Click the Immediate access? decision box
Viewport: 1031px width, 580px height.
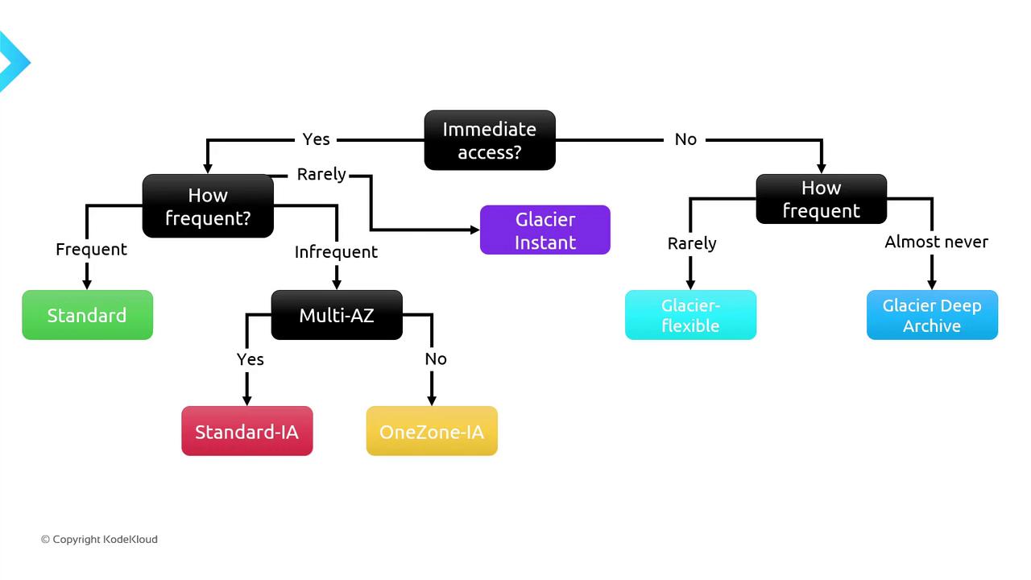tap(490, 140)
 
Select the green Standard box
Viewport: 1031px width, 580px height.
tap(87, 315)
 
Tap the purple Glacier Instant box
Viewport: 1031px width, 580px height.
tap(545, 230)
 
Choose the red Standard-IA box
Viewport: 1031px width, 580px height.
tap(246, 432)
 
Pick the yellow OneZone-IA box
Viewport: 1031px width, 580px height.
tap(432, 432)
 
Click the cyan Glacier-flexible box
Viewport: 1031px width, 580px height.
tap(690, 315)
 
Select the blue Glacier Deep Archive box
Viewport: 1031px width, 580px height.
tap(932, 315)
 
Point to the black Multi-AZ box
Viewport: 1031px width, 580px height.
tap(337, 315)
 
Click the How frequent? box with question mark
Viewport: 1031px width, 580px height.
tap(208, 206)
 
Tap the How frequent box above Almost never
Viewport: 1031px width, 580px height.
tap(821, 199)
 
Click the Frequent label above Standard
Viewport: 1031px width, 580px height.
tap(91, 250)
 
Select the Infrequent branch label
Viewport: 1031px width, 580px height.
tap(336, 252)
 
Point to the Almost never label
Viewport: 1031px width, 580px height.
tap(936, 242)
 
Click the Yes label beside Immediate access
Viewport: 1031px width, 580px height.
tap(316, 139)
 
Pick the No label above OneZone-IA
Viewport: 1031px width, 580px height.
tap(436, 359)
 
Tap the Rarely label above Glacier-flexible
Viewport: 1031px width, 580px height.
tap(692, 243)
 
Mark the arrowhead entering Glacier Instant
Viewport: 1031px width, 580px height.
tap(475, 230)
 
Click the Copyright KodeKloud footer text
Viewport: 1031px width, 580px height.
tap(99, 539)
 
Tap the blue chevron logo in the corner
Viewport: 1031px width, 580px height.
tap(11, 61)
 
